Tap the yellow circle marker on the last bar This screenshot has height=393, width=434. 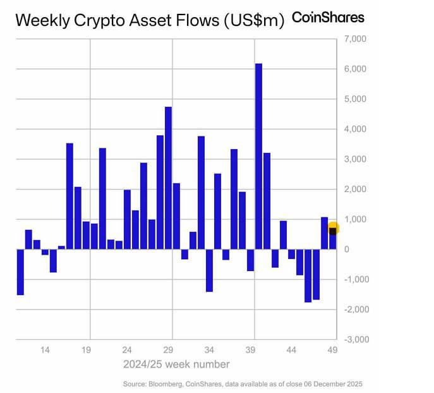tap(334, 229)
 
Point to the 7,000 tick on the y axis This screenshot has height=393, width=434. tap(353, 39)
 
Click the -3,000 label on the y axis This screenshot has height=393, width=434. tap(352, 340)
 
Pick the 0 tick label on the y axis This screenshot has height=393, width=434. tap(346, 250)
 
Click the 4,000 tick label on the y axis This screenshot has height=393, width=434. tap(353, 130)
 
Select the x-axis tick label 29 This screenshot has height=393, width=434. tap(169, 350)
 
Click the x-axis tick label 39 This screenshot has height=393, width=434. tap(251, 350)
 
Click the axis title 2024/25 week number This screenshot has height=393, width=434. tap(176, 365)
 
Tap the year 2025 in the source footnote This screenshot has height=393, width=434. tap(354, 384)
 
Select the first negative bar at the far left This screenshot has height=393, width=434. tap(20, 272)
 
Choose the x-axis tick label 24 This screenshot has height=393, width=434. tap(128, 350)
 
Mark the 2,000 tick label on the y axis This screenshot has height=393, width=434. tap(353, 190)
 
